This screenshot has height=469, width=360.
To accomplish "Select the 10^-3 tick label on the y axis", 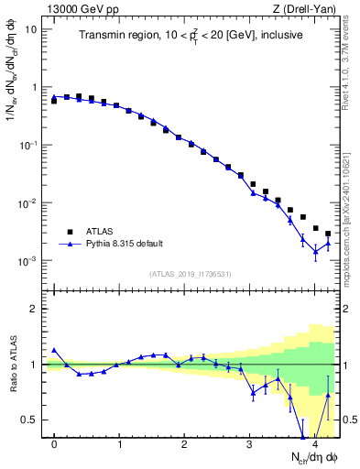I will (29, 261).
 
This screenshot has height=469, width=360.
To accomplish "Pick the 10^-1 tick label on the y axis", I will (29, 145).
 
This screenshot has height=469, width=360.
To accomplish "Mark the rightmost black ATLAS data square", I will (328, 234).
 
